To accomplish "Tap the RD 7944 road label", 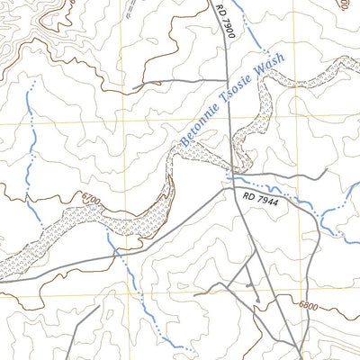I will point(261,193).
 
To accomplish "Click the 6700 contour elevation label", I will point(90,197).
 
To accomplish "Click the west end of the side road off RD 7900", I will point(133,87).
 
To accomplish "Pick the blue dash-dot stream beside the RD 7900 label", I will point(254,36).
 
